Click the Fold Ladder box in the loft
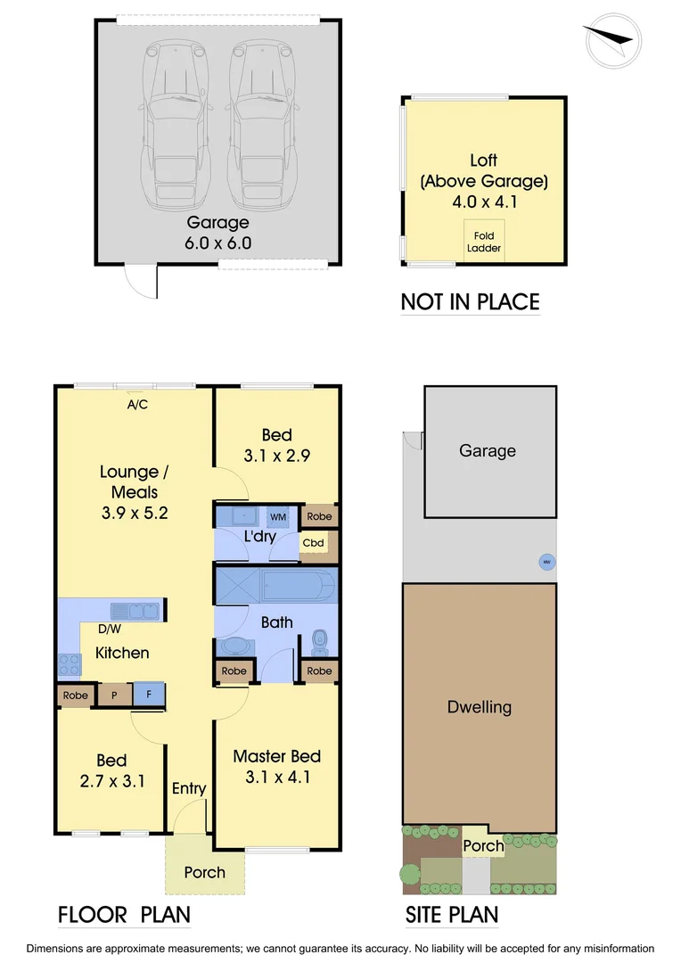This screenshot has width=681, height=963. point(484,241)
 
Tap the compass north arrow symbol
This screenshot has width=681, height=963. point(611,39)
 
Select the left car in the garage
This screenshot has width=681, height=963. point(177,124)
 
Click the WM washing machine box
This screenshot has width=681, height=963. point(278,516)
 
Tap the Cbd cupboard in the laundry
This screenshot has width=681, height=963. point(313,542)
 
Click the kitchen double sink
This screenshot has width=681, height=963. point(135,611)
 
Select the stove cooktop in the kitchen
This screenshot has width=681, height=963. point(69,664)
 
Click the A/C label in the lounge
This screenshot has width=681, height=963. point(137,404)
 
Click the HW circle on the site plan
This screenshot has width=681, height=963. point(544,562)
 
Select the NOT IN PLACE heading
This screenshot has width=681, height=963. point(470,301)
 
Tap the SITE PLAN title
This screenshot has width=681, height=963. point(452,915)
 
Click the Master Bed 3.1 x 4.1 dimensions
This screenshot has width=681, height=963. point(277,777)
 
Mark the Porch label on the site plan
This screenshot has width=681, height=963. point(482,845)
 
